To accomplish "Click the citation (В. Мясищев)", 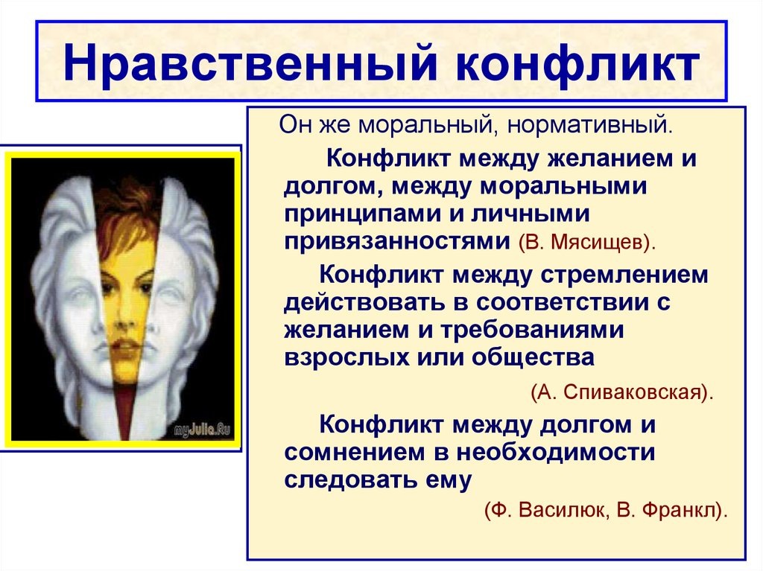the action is (x=587, y=242).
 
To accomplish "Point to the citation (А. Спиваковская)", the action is (x=622, y=392).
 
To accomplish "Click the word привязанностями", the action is (x=397, y=241).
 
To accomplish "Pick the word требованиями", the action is (x=532, y=330).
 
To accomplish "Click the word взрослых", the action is (x=347, y=358).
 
